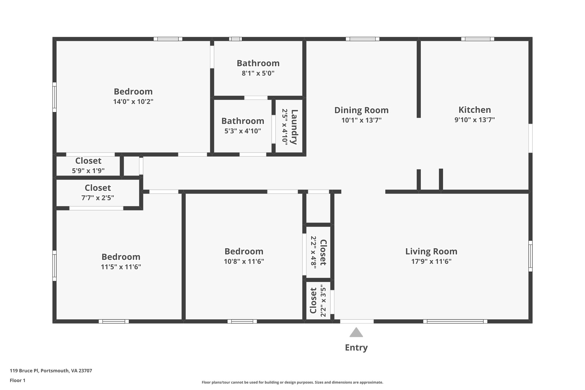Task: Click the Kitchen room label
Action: pyautogui.click(x=474, y=110)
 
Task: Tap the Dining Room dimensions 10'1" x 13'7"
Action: pyautogui.click(x=361, y=120)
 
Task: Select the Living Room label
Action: pyautogui.click(x=431, y=251)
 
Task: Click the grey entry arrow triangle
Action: pyautogui.click(x=356, y=332)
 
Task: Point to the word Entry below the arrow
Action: pyautogui.click(x=356, y=348)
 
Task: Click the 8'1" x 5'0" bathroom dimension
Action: pyautogui.click(x=258, y=73)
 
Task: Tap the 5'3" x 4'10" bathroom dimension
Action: pyautogui.click(x=243, y=131)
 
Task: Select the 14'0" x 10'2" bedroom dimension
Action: pyautogui.click(x=133, y=102)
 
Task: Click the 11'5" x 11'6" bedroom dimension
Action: pyautogui.click(x=121, y=267)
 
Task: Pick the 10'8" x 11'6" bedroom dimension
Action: pyautogui.click(x=244, y=261)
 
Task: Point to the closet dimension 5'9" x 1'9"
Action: pyautogui.click(x=88, y=171)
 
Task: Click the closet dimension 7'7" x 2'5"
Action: pyautogui.click(x=98, y=198)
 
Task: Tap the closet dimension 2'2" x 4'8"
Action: pyautogui.click(x=313, y=253)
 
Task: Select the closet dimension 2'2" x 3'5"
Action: pyautogui.click(x=323, y=300)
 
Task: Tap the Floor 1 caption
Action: pyautogui.click(x=17, y=381)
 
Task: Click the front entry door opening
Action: pyautogui.click(x=357, y=321)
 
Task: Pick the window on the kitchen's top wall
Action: pyautogui.click(x=477, y=39)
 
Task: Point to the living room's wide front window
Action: pyautogui.click(x=455, y=321)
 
